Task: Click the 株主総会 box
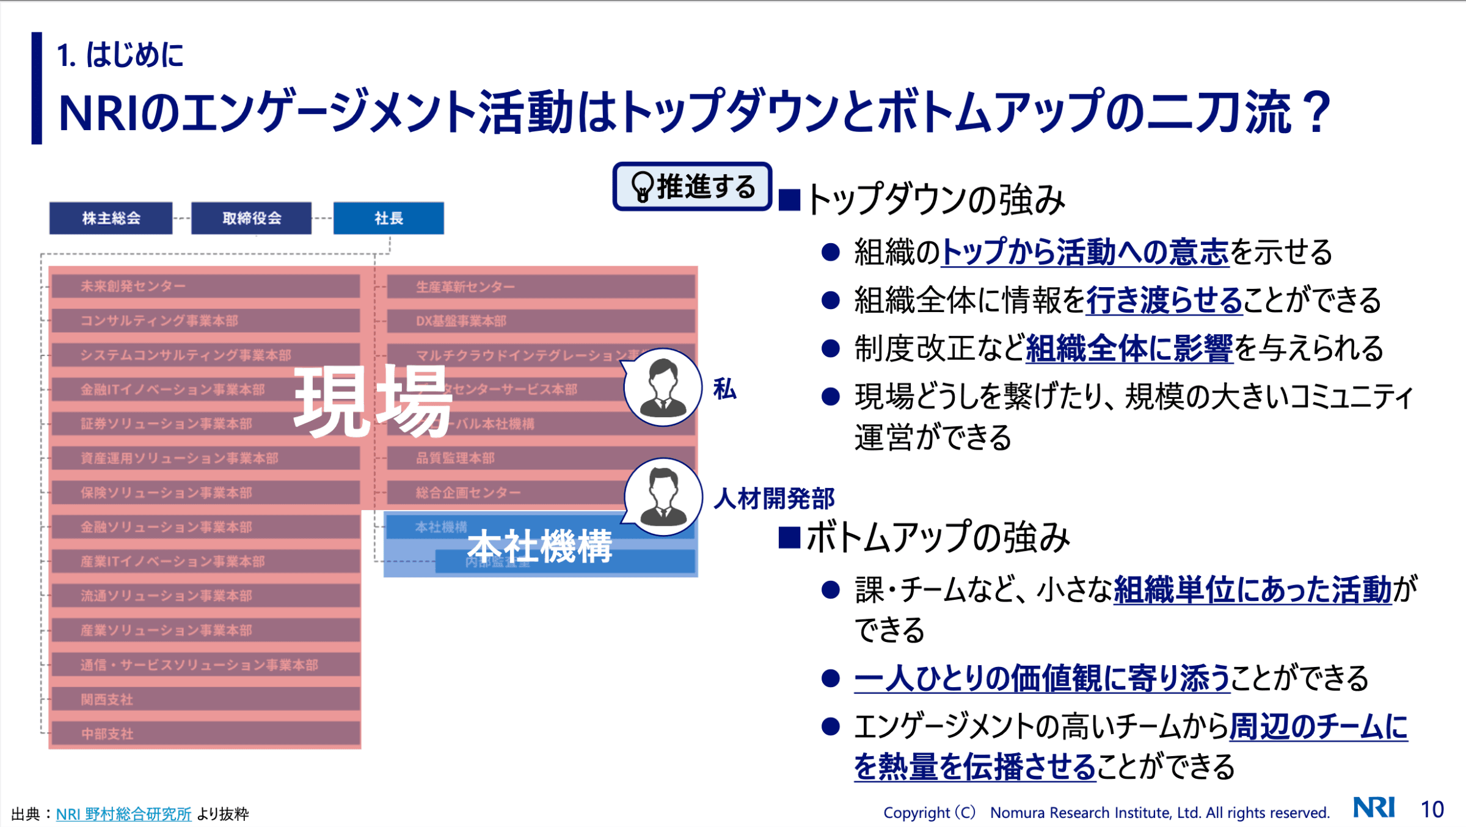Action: coord(111,218)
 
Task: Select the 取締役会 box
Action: coord(251,218)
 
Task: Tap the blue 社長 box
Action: coord(388,218)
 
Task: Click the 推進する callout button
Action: coord(692,186)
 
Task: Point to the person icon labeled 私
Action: coord(663,387)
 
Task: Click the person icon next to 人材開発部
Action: coord(663,497)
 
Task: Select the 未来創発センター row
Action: coord(205,286)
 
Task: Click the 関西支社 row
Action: coord(205,699)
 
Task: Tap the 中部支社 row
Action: coord(205,734)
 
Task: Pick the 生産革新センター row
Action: coord(541,286)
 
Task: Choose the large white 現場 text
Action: coord(373,401)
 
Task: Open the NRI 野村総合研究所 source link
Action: coord(123,814)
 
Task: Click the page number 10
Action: coord(1432,809)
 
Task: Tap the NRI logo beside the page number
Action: coord(1374,807)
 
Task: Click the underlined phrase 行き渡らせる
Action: coord(1164,300)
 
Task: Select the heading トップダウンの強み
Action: coord(935,200)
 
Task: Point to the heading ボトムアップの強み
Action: coord(937,537)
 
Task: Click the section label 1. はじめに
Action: coord(120,55)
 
